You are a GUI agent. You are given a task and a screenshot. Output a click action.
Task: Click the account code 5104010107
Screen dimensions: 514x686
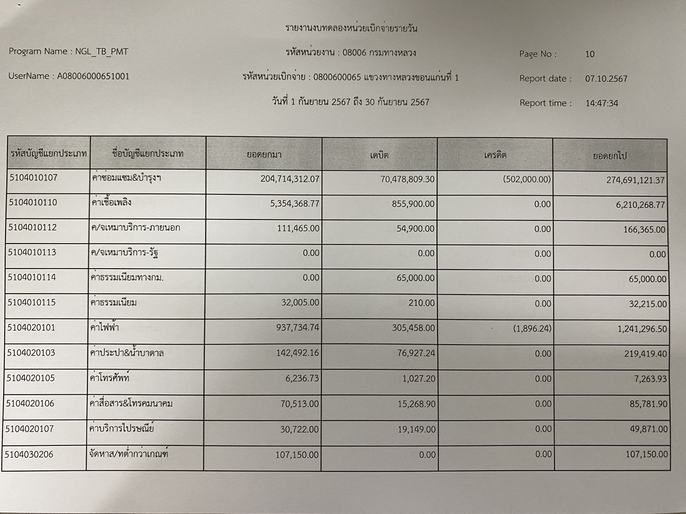pos(33,177)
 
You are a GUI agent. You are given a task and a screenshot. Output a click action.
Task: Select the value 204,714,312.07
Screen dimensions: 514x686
pos(290,179)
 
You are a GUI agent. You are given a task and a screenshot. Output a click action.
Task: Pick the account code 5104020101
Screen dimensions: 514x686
pos(31,328)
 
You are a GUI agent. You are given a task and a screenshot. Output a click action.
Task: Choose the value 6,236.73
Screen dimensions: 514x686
pos(302,378)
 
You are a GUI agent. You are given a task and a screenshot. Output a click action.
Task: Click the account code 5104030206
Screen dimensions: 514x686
pos(29,454)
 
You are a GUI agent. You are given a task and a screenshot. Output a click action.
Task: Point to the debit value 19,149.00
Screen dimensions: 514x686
pos(416,430)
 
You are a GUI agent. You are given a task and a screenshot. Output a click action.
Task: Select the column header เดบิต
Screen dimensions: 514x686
pos(379,155)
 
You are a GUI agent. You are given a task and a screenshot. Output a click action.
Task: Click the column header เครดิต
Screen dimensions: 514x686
pos(495,155)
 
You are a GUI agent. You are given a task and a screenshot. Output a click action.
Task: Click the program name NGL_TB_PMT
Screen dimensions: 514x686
pos(102,51)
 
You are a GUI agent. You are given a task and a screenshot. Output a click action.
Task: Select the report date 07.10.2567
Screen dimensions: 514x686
pos(606,79)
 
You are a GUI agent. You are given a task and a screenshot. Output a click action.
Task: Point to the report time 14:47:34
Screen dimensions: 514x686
pos(601,103)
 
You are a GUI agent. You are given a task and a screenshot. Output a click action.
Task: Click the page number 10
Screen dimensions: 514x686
pos(590,54)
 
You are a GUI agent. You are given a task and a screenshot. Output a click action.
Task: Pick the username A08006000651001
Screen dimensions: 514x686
pos(93,76)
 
